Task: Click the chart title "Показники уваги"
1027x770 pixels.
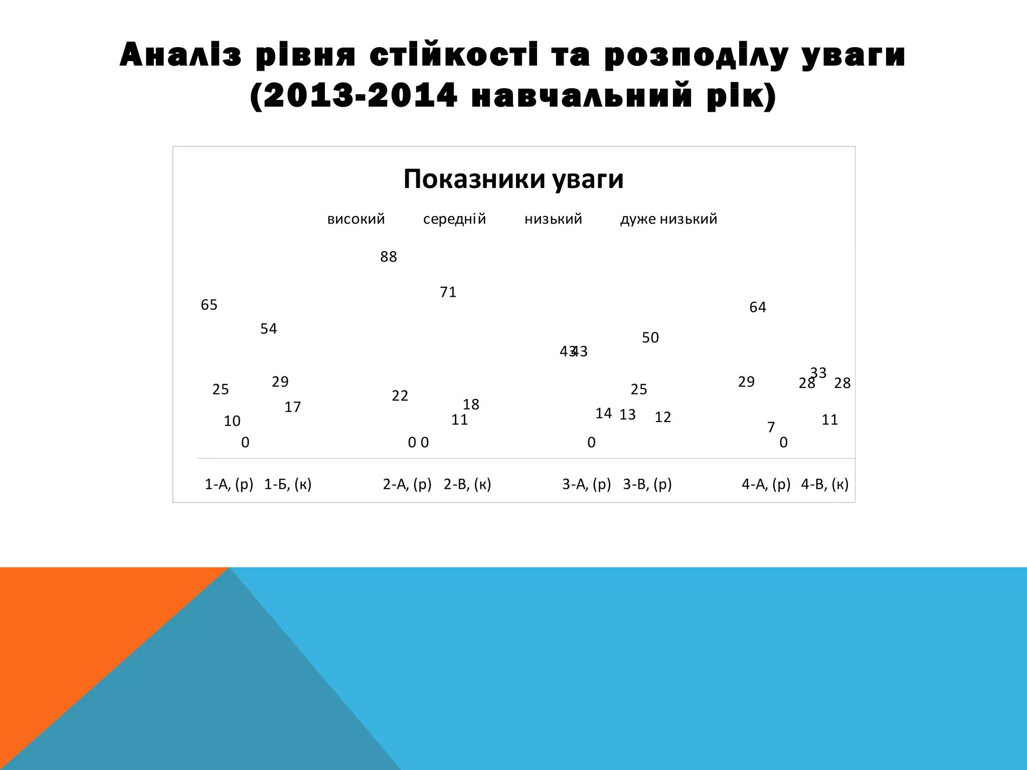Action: click(x=513, y=179)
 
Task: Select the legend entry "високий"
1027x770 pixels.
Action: click(x=356, y=219)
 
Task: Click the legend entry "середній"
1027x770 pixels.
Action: click(x=454, y=219)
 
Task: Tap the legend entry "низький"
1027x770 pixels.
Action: click(x=553, y=219)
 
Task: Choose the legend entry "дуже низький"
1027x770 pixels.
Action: click(x=668, y=219)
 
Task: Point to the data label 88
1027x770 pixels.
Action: click(x=389, y=257)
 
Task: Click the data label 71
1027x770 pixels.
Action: click(x=448, y=292)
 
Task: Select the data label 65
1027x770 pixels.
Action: click(x=209, y=305)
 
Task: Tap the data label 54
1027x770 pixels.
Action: click(x=269, y=329)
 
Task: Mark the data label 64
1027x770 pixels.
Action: click(x=758, y=307)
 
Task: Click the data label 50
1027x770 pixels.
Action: click(x=650, y=338)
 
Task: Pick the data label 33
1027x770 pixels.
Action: click(x=818, y=372)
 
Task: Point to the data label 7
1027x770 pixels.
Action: click(x=771, y=427)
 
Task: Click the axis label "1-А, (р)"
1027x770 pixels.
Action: click(x=229, y=484)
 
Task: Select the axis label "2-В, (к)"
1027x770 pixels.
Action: click(x=467, y=484)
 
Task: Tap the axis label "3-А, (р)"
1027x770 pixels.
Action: click(x=587, y=484)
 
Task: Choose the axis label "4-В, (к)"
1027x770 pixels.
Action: click(x=825, y=484)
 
